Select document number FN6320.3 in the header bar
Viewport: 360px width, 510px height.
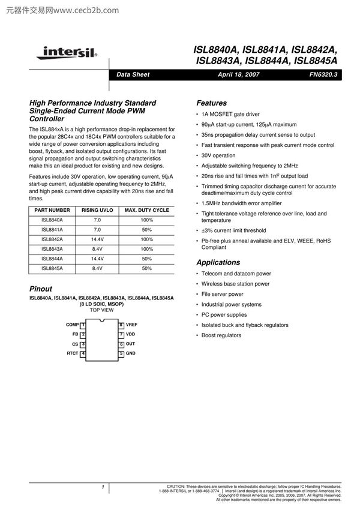click(323, 75)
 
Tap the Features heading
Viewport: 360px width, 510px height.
click(212, 103)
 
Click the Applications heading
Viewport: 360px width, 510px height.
click(218, 262)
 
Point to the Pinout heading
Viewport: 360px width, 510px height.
click(41, 289)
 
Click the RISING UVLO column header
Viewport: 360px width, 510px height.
click(97, 211)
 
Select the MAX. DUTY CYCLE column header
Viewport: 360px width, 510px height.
click(146, 211)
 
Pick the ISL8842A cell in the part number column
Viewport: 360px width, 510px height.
click(52, 239)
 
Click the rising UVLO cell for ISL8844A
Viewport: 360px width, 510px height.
click(97, 259)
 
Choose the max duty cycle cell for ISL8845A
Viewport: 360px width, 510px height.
click(146, 268)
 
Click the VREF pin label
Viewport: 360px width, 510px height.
click(131, 325)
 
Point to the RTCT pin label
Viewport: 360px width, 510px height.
click(73, 354)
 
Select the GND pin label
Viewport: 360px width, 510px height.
click(130, 354)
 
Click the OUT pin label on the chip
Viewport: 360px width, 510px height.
click(130, 344)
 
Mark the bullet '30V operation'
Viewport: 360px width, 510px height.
click(218, 155)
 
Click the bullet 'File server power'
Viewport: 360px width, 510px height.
click(222, 294)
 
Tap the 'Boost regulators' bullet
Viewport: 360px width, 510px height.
click(221, 335)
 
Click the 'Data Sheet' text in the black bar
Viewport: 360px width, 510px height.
click(133, 75)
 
